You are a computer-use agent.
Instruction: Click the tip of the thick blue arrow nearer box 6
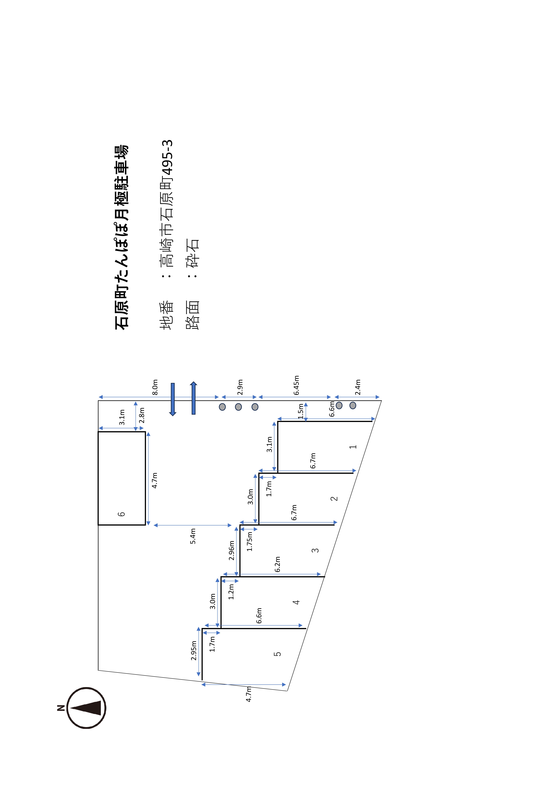coord(173,416)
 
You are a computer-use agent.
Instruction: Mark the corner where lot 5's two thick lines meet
coord(202,629)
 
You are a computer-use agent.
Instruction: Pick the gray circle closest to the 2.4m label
coord(353,405)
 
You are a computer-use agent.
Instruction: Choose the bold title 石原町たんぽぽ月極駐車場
coord(121,237)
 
